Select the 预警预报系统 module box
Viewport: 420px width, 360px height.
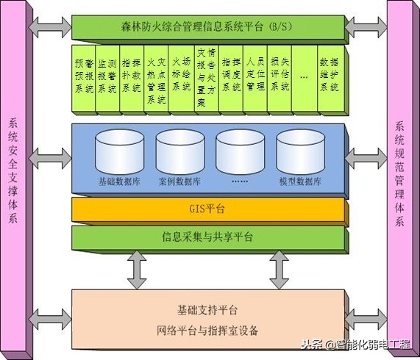coord(83,79)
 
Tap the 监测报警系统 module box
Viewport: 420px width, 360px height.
coord(107,79)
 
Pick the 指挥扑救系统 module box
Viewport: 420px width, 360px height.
coord(132,79)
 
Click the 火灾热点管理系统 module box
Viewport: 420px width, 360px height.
coord(156,79)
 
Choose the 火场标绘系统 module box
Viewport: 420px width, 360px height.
coord(181,79)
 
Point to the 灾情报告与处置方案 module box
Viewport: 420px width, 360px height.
coord(205,79)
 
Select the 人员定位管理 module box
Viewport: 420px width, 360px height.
coord(255,79)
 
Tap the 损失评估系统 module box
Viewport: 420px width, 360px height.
coord(280,79)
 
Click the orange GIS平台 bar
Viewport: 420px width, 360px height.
coord(210,209)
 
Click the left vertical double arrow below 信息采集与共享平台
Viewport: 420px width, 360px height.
coord(136,270)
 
